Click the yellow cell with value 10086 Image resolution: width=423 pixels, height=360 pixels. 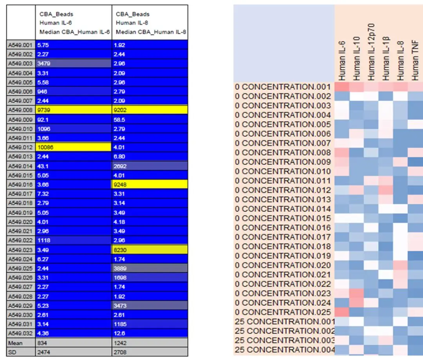[73, 147]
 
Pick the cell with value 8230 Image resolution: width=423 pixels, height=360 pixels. [149, 250]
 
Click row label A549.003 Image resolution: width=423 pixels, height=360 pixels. [21, 63]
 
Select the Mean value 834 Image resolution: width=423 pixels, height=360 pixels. [73, 342]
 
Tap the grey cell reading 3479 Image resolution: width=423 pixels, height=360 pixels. [73, 63]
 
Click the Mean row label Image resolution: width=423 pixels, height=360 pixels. [21, 342]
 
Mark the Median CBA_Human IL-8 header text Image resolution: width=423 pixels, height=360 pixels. [150, 32]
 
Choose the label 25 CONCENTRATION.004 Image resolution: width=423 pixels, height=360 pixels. [284, 350]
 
